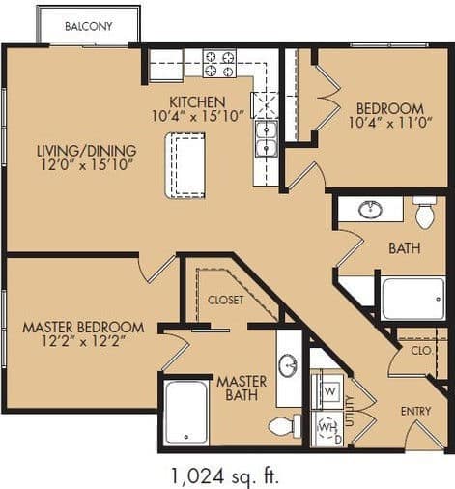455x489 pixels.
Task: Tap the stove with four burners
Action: [220, 65]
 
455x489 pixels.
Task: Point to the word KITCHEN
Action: [197, 101]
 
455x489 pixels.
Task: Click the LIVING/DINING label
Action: [87, 151]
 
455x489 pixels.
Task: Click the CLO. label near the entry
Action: [420, 351]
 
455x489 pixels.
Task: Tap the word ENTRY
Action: [415, 412]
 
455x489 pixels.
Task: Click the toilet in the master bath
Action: [284, 425]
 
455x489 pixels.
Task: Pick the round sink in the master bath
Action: [288, 365]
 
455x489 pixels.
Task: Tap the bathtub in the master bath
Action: [185, 412]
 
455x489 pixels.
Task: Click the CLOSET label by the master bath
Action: [226, 300]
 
